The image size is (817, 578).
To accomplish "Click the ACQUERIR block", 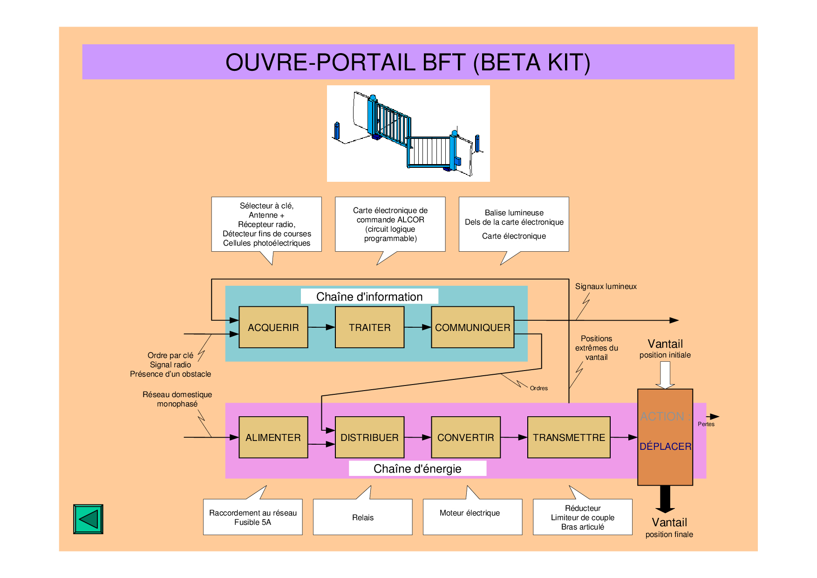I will [273, 327].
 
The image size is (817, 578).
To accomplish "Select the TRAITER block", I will [369, 327].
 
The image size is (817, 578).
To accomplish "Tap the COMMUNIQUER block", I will [472, 327].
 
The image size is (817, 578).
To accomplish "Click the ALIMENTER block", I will [273, 437].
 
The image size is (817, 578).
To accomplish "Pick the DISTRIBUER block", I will [369, 437].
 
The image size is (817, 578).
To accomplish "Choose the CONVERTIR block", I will [465, 437].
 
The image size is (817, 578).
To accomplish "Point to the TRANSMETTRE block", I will [569, 437].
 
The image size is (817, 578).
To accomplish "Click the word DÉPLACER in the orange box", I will [665, 447].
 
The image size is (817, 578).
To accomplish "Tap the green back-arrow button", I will [88, 519].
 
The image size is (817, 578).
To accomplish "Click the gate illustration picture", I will [408, 133].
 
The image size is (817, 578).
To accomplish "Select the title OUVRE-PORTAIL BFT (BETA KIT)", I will [408, 62].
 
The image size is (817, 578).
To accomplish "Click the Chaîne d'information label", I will [369, 296].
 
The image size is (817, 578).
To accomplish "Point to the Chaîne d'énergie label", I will [417, 468].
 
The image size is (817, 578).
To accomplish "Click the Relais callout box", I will [362, 517].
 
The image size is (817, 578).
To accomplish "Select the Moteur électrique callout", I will [470, 513].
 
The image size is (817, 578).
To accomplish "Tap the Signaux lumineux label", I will [606, 286].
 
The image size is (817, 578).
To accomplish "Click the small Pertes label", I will [706, 424].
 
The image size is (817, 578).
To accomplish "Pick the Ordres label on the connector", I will [538, 388].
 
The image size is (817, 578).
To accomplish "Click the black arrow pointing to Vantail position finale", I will [665, 499].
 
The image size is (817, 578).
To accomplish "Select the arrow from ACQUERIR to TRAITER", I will [321, 327].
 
